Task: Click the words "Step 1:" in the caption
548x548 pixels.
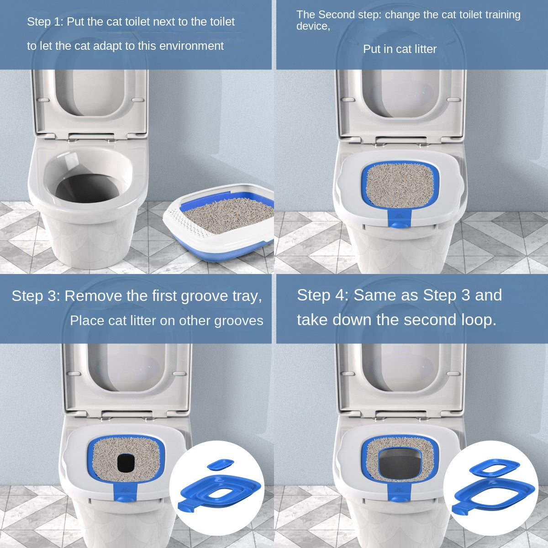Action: click(45, 22)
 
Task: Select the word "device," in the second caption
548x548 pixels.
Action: click(313, 26)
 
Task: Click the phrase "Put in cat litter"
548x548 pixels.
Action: click(400, 49)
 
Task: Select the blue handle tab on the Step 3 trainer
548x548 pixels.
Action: click(125, 493)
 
